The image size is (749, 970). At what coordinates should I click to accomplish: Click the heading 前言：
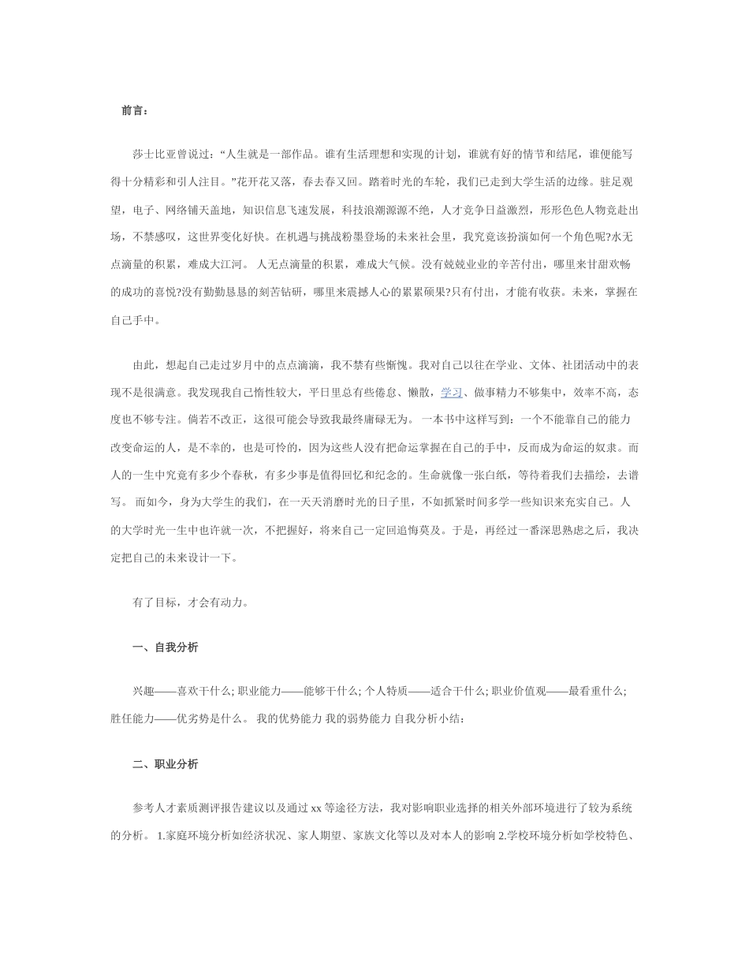click(x=134, y=111)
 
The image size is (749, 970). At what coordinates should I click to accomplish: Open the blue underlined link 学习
click(x=451, y=392)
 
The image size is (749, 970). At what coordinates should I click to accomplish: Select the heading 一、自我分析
click(x=165, y=647)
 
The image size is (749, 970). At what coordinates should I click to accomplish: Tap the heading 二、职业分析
click(x=165, y=764)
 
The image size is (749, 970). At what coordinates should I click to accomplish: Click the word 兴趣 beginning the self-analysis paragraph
click(x=143, y=691)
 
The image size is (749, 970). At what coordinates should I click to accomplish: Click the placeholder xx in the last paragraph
click(x=315, y=808)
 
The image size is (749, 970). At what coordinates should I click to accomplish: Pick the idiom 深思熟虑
click(x=551, y=530)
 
